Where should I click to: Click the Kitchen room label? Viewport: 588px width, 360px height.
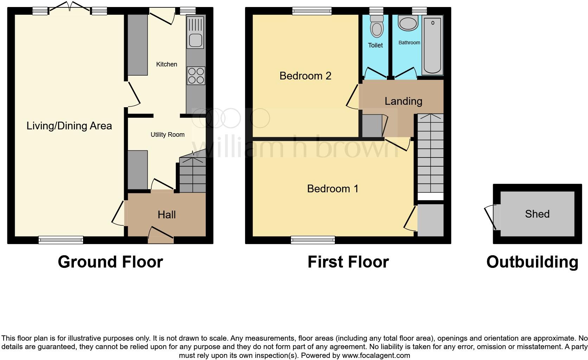166,64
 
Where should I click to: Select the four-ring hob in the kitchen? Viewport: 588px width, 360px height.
196,76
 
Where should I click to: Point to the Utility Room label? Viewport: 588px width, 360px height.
167,135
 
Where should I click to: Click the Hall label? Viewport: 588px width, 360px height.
166,215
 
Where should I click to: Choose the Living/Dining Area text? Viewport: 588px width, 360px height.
69,126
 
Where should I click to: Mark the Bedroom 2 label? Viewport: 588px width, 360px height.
305,76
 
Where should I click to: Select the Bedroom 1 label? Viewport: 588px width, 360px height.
332,189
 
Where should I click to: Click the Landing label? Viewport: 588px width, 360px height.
403,102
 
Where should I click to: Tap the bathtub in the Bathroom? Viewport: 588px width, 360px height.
432,46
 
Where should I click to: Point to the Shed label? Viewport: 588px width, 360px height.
537,214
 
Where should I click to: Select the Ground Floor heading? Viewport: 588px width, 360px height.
110,262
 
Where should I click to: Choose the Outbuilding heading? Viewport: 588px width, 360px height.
532,262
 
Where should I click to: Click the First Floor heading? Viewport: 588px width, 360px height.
348,262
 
